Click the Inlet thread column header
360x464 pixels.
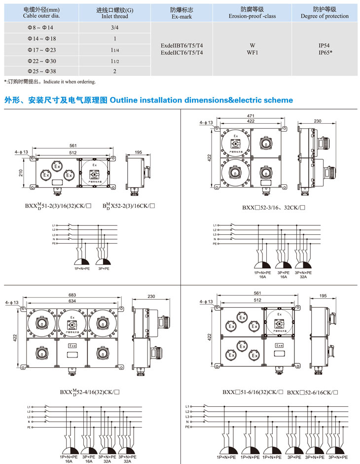point(114,13)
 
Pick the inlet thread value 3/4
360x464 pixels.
point(115,28)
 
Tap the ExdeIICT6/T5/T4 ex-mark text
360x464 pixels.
point(181,52)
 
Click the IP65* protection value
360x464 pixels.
point(325,52)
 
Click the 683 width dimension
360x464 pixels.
point(72,295)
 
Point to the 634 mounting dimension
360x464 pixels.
point(72,301)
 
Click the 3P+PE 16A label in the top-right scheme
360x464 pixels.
point(283,275)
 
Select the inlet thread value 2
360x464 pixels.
point(115,71)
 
